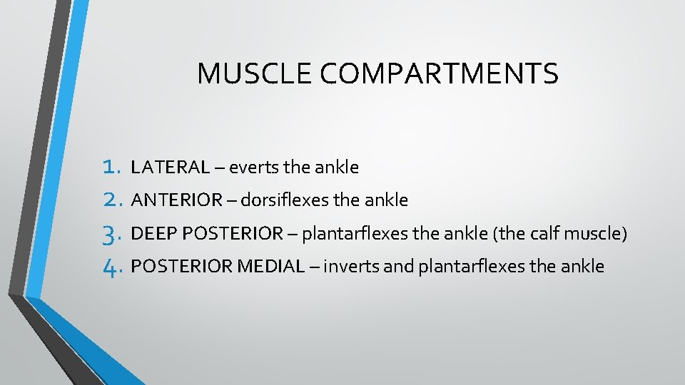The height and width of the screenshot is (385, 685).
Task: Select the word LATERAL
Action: tap(171, 168)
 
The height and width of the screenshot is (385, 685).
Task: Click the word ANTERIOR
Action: tap(178, 200)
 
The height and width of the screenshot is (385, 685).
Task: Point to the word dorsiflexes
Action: tap(283, 200)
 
